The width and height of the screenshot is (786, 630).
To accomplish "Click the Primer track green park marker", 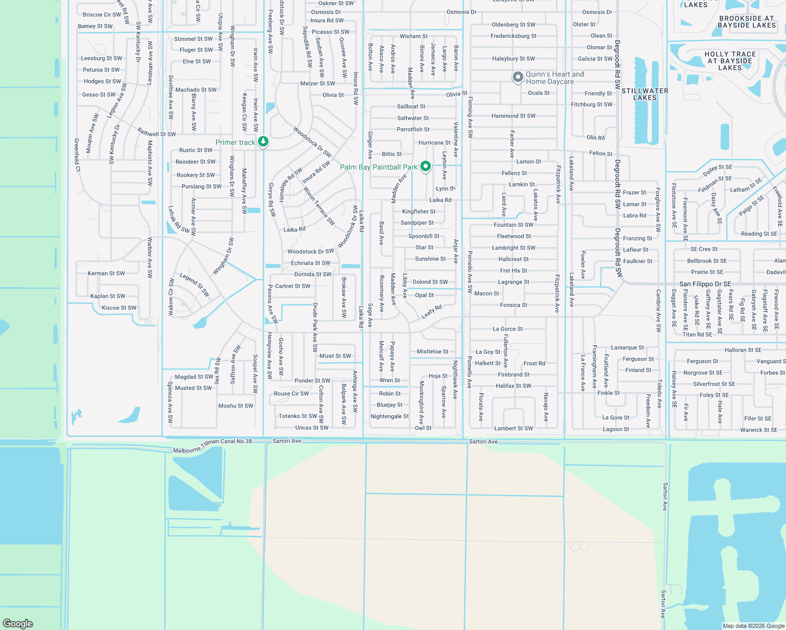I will tap(263, 142).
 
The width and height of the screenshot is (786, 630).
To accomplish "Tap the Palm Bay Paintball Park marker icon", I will tap(426, 166).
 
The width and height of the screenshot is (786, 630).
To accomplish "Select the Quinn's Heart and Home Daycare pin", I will tap(518, 77).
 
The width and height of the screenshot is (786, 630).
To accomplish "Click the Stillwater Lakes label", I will tap(645, 94).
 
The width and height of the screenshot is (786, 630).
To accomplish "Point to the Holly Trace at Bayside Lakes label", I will tap(730, 61).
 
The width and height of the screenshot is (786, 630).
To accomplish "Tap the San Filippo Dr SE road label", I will tap(705, 284).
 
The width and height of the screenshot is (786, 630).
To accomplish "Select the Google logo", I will tap(18, 623).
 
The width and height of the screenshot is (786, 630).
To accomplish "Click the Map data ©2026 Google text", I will tap(753, 626).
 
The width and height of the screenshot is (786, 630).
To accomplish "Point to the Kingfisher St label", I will tap(419, 212).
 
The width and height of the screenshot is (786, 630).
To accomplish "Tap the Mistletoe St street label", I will tap(432, 352).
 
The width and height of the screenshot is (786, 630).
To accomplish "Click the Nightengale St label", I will tap(389, 416).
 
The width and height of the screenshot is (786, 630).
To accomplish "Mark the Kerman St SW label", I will tap(106, 274).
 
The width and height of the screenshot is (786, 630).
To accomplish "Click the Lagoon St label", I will tap(616, 429).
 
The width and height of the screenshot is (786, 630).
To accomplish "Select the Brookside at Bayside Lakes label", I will tap(747, 22).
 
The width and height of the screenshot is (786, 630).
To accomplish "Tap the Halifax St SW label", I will tap(513, 386).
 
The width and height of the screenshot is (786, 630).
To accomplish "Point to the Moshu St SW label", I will tap(235, 406).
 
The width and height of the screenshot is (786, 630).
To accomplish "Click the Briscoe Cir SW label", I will tap(102, 15).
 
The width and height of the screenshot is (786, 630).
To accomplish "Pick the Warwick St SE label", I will tap(759, 430).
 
